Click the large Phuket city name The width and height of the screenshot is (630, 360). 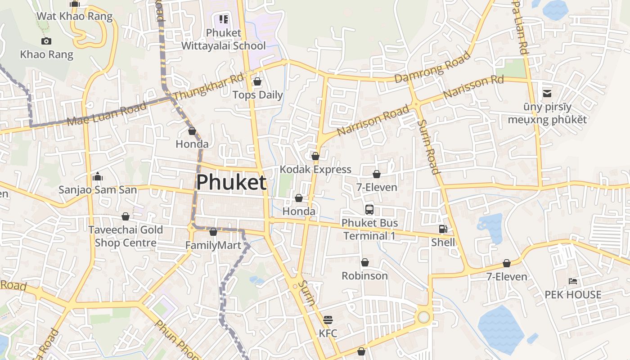click(231, 183)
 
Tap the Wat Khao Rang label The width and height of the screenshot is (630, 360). click(74, 16)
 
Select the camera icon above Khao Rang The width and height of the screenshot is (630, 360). click(46, 41)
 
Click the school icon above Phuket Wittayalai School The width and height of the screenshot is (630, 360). click(224, 19)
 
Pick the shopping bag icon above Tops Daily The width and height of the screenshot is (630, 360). click(257, 81)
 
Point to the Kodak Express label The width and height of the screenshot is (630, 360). click(315, 170)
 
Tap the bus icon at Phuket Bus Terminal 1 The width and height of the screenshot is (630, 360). click(369, 209)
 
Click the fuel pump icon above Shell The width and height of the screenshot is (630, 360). click(443, 229)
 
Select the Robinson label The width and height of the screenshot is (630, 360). click(364, 276)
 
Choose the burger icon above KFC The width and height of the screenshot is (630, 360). click(328, 320)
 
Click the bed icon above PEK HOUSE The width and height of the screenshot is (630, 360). click(573, 281)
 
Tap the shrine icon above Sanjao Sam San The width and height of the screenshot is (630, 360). click(98, 176)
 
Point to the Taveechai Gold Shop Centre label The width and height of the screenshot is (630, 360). click(125, 236)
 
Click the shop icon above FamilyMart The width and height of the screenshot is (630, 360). click(213, 232)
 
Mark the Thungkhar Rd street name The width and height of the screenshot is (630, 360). click(208, 87)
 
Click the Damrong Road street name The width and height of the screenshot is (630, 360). click(432, 67)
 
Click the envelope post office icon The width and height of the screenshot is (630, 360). click(547, 94)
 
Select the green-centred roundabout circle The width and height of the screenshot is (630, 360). click(423, 317)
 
